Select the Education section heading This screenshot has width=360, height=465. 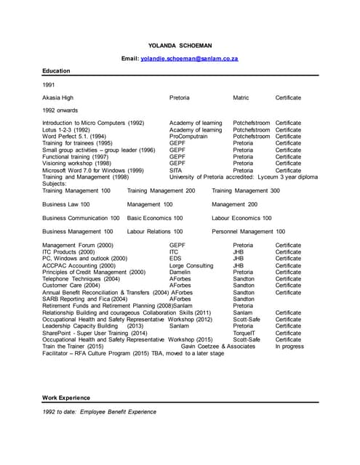point(56,71)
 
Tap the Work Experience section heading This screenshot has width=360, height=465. point(66,397)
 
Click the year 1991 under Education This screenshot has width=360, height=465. point(49,85)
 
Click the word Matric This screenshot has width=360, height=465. point(241,97)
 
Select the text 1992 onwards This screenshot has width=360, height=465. point(60,110)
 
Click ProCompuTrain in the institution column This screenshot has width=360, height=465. point(188,136)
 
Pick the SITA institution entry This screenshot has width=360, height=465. point(177,170)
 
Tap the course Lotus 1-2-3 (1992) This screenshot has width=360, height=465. point(66,129)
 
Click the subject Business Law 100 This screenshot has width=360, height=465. point(66,204)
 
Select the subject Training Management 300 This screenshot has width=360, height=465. point(245,190)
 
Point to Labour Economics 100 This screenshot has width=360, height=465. point(242,218)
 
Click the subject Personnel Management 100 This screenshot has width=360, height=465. point(248,231)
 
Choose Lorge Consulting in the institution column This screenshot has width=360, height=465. point(191,266)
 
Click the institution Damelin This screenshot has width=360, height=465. point(181,272)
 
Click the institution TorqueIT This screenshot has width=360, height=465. point(245,333)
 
